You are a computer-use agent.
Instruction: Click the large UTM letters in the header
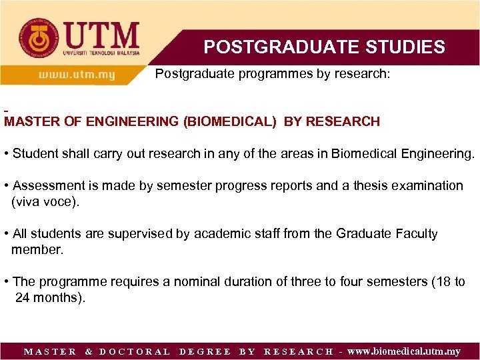point(101,35)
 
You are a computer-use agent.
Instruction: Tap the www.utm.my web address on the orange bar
point(77,75)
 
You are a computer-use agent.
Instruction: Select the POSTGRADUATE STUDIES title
point(324,47)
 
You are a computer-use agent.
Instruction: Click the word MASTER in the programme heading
point(29,122)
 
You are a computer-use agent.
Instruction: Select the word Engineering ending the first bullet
point(438,154)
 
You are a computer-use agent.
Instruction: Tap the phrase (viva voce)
point(45,201)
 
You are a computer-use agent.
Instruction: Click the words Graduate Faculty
point(387,233)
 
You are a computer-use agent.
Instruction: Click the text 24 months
point(49,297)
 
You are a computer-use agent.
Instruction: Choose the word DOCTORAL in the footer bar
point(135,351)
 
